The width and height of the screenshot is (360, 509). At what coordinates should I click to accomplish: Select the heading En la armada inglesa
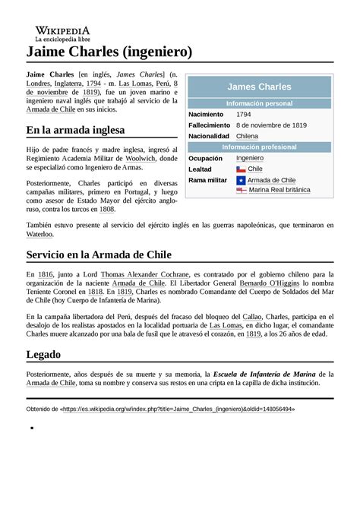click(x=75, y=129)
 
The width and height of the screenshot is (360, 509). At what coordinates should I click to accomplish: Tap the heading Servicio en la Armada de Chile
click(x=99, y=254)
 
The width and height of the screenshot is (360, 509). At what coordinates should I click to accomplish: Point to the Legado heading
click(x=43, y=354)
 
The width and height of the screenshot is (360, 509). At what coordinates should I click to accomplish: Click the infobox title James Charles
click(x=259, y=87)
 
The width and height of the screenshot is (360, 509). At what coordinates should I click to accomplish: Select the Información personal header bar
click(x=259, y=103)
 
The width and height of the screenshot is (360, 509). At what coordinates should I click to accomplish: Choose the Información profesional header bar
click(x=259, y=147)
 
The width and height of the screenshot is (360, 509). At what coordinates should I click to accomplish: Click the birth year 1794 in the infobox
click(x=244, y=114)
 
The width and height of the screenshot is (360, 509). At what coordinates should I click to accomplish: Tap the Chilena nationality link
click(x=248, y=135)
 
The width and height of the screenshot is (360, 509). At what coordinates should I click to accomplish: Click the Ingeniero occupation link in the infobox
click(x=250, y=157)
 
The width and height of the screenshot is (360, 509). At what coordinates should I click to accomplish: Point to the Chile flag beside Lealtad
click(x=241, y=169)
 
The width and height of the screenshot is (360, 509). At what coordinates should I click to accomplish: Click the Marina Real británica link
click(x=279, y=190)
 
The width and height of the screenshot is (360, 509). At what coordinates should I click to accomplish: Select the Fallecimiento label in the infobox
click(x=209, y=125)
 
